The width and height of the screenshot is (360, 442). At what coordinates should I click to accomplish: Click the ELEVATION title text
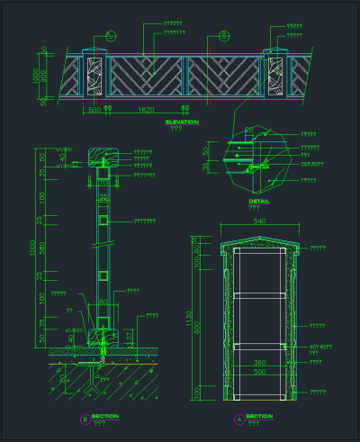pos(182,121)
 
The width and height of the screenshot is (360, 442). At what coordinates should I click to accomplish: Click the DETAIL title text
pos(259,201)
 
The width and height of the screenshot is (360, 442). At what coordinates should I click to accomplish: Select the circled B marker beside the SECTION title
pos(85,419)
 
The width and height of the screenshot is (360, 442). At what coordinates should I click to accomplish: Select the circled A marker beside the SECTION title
pos(238,419)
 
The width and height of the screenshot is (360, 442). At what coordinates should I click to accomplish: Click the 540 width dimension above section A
pos(260,221)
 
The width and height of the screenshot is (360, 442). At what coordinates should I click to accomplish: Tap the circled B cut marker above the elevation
pos(110,36)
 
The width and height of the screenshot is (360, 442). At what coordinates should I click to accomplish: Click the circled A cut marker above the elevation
pos(224,36)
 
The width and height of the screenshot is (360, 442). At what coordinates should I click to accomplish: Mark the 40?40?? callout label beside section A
pos(321,347)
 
